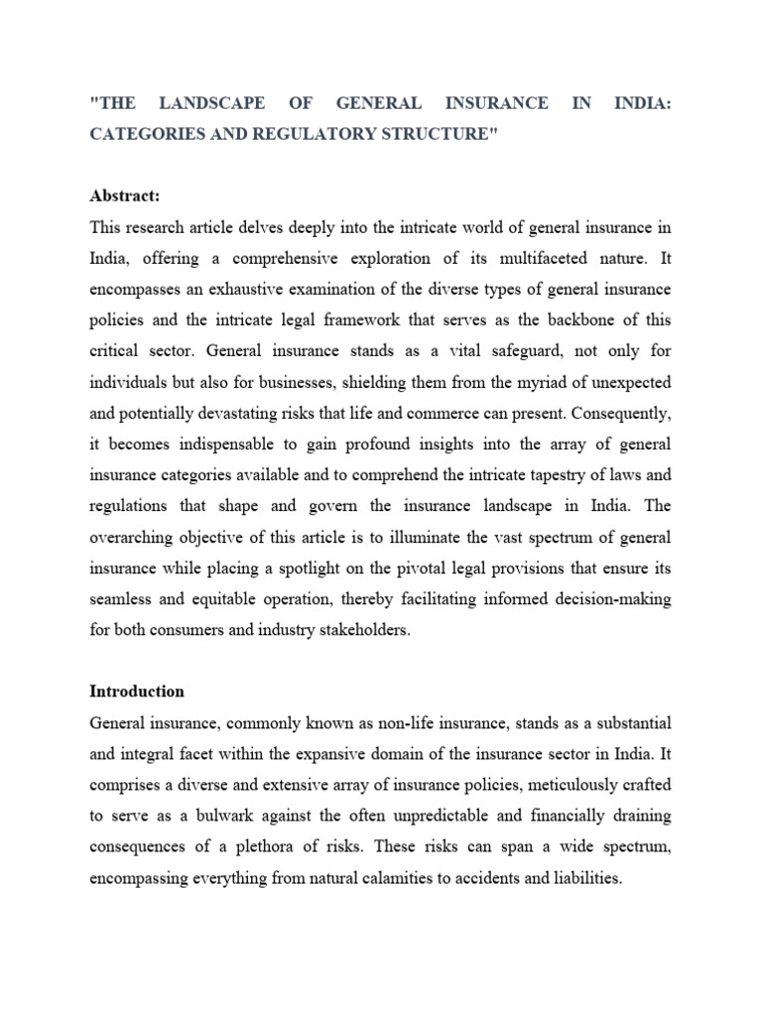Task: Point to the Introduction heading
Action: pos(137,691)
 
